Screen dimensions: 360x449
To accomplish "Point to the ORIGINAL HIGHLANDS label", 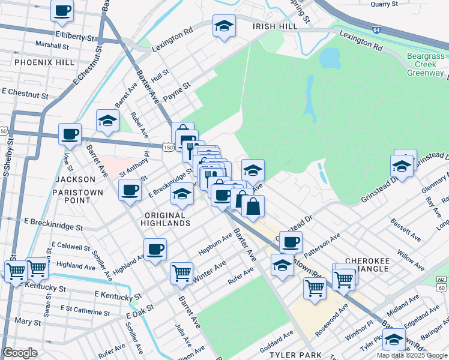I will [x=167, y=218].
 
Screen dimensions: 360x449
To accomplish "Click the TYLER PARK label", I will [x=295, y=355].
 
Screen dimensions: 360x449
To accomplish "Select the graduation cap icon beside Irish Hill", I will [x=224, y=26].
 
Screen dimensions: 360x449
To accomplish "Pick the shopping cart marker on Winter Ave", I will [x=181, y=274].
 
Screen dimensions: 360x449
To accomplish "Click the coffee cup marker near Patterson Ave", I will [x=291, y=242].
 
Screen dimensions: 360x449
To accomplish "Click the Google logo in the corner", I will [x=20, y=353].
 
